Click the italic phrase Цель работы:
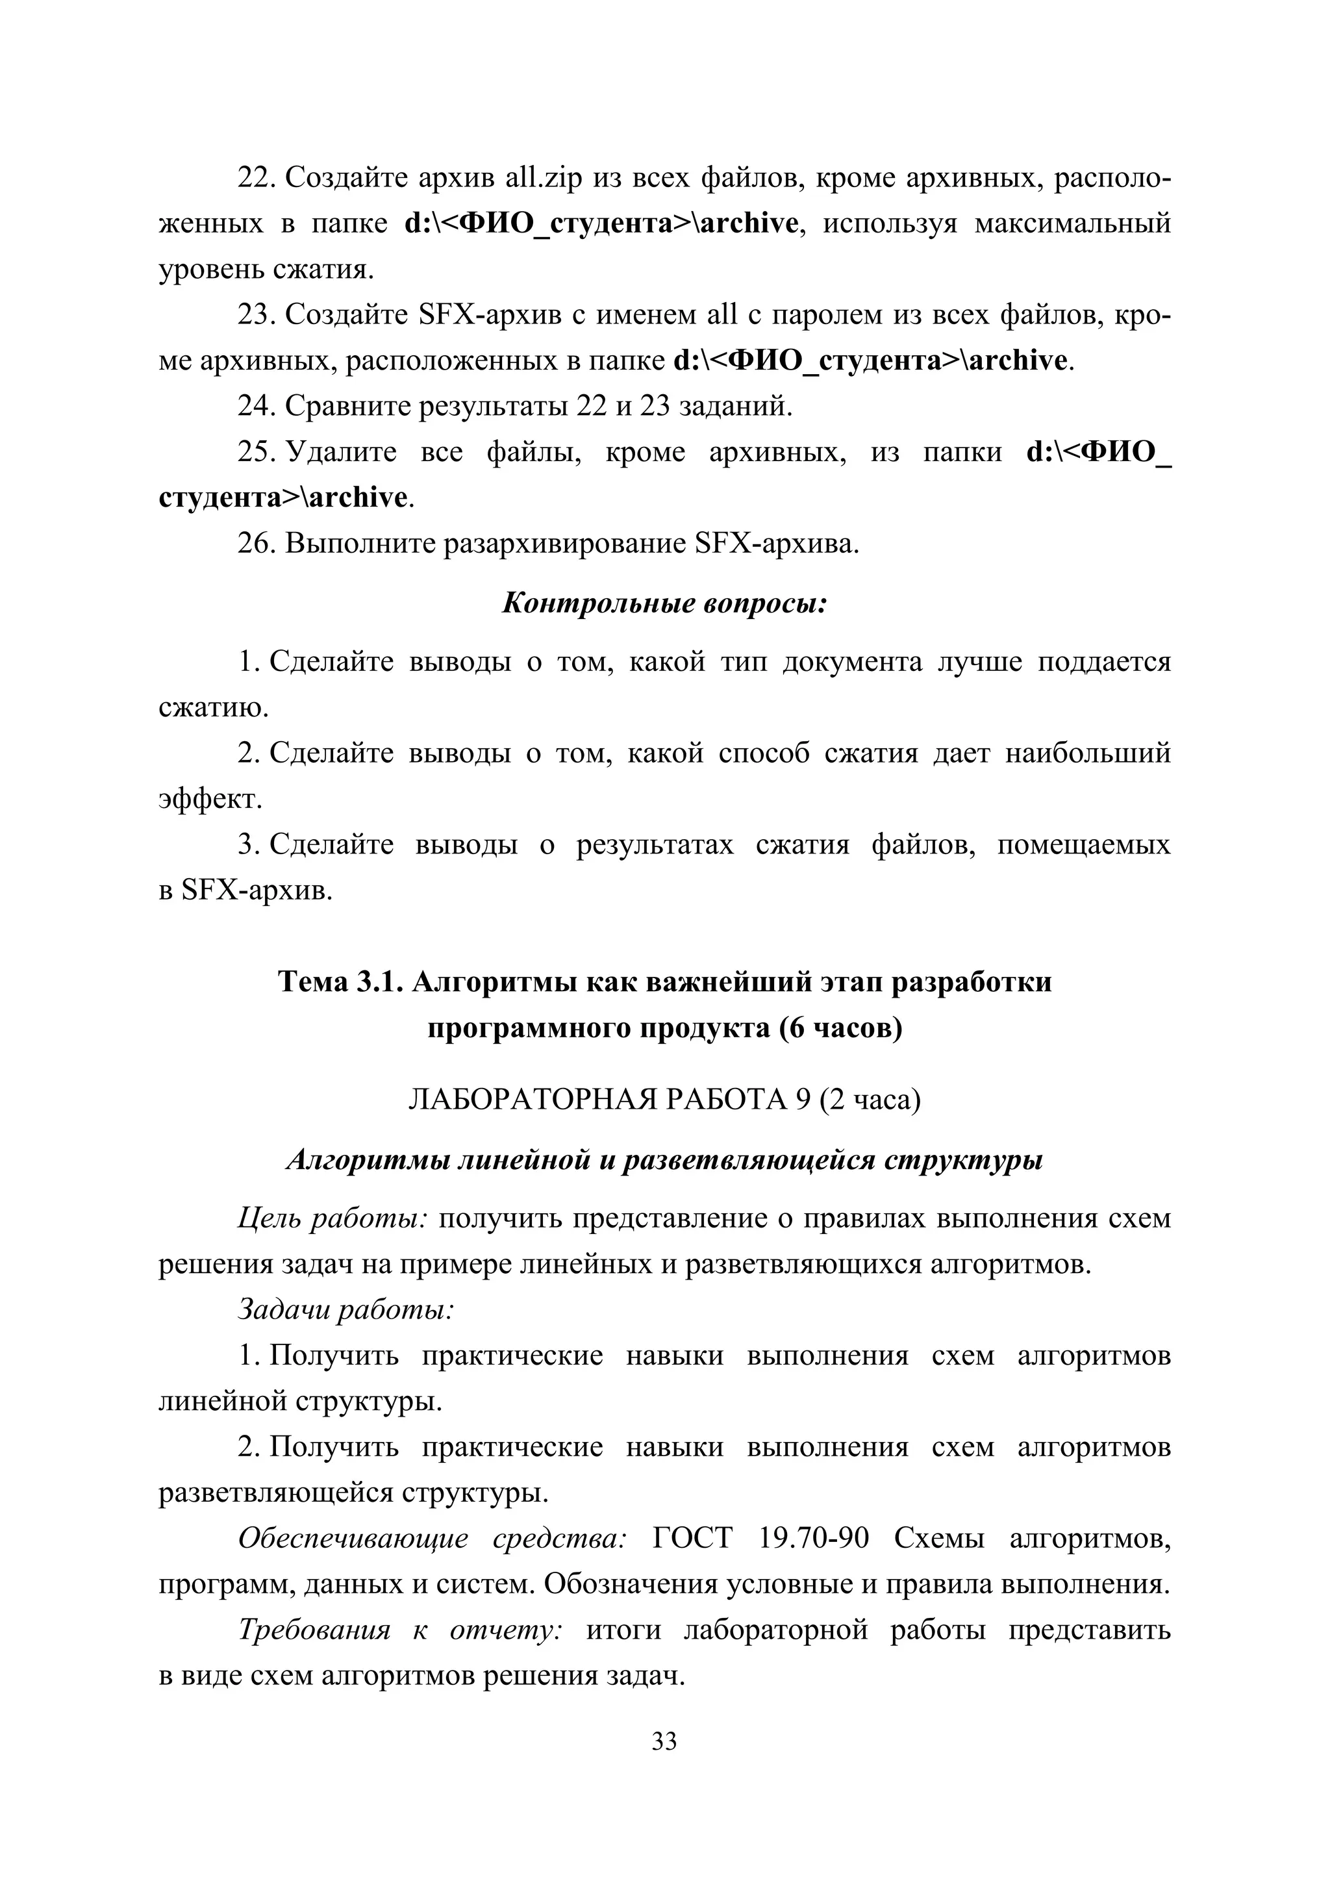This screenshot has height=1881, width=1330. pyautogui.click(x=332, y=1218)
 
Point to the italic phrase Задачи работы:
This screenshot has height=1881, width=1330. pyautogui.click(x=345, y=1309)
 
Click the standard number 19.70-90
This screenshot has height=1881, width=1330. pyautogui.click(x=813, y=1538)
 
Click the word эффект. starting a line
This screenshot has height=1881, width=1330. pyautogui.click(x=210, y=799)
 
